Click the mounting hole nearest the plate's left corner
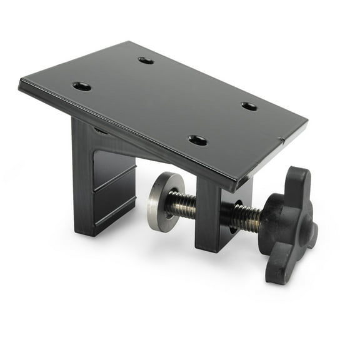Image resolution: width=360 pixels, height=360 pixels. point(81,86)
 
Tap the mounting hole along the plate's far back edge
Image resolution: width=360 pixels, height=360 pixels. point(146,61)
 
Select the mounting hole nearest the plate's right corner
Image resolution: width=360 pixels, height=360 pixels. point(249,106)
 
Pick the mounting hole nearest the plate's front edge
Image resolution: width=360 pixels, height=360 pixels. point(197,140)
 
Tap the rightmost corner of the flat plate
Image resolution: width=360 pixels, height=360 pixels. point(306,124)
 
